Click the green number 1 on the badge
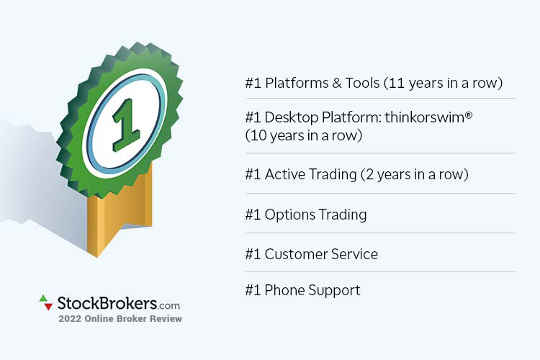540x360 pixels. [x=126, y=125]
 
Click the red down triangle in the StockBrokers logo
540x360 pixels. [x=48, y=306]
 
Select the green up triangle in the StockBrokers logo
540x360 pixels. [x=42, y=298]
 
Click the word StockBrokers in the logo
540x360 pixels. [x=107, y=303]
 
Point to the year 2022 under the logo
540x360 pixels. [x=70, y=319]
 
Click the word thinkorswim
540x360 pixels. [x=424, y=117]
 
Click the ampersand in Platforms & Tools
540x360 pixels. [x=337, y=83]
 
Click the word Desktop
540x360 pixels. [x=292, y=118]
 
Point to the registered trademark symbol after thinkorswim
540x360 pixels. [x=469, y=115]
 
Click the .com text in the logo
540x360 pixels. [x=168, y=305]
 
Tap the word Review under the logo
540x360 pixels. [x=168, y=319]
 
